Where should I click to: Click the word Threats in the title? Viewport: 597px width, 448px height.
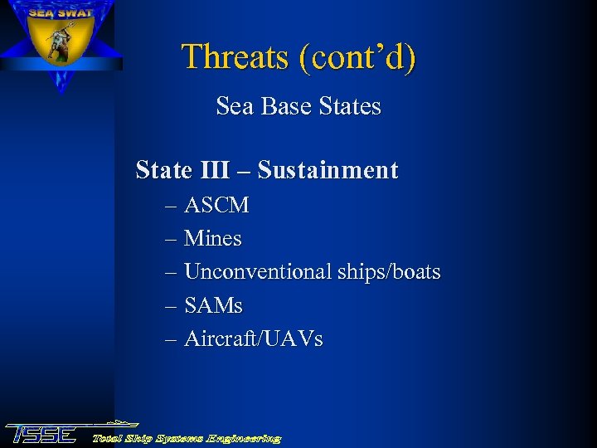click(234, 57)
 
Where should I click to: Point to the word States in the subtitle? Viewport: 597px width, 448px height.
click(351, 107)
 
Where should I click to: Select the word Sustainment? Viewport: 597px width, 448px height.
click(328, 171)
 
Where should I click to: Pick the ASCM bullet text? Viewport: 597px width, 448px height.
click(216, 206)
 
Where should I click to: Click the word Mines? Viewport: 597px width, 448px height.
click(213, 240)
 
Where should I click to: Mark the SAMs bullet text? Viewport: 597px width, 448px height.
click(213, 306)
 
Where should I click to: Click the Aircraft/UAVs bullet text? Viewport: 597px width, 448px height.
click(254, 339)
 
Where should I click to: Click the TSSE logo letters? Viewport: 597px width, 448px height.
click(41, 434)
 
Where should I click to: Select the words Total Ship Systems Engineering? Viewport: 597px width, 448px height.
click(187, 438)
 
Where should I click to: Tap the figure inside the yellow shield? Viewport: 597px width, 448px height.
click(59, 46)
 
